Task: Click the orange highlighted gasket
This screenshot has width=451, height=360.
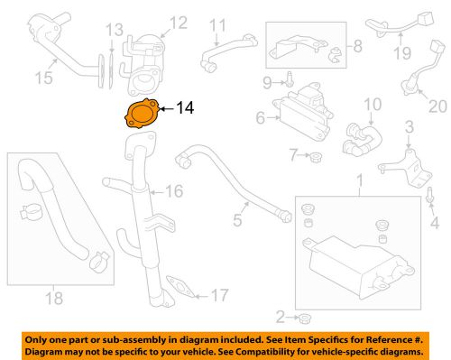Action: click(139, 115)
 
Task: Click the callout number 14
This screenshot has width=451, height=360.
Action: click(185, 108)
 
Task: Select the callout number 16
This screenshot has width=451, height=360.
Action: click(174, 191)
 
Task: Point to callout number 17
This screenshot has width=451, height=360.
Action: click(220, 294)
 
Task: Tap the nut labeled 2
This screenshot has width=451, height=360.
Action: click(305, 318)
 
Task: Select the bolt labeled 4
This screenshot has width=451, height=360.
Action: click(431, 194)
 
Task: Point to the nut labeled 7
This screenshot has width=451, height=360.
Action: click(316, 161)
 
